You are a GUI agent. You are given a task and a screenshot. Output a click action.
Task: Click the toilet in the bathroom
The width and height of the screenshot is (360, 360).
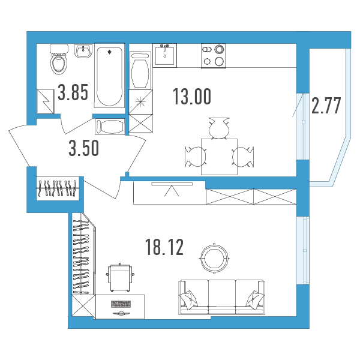(59, 59)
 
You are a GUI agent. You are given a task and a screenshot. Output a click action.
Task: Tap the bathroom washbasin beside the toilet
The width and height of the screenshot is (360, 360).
(83, 51)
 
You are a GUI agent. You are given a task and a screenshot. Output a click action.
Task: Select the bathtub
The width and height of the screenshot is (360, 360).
(110, 76)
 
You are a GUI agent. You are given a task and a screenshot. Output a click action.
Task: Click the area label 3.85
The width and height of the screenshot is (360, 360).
(73, 92)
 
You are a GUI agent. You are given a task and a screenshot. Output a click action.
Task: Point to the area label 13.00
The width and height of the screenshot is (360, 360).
(192, 97)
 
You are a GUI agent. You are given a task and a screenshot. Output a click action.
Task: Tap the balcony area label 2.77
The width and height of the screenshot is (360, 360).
(326, 106)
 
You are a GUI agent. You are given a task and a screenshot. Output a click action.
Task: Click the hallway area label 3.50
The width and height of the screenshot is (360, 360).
(84, 148)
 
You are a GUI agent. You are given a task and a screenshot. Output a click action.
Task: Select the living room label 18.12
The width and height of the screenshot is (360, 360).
(164, 247)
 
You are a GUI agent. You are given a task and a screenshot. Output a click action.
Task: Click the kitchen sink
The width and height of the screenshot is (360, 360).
(164, 55)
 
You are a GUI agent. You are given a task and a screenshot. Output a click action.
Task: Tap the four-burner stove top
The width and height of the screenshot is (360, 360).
(213, 56)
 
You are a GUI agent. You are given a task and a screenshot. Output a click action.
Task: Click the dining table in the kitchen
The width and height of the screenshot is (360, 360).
(219, 157)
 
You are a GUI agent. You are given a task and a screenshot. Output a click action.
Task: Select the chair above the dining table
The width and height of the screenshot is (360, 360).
(219, 128)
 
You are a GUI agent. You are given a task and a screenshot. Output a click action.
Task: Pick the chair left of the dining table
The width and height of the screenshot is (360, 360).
(196, 157)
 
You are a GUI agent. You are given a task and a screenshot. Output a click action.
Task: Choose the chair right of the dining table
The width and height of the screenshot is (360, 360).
(243, 157)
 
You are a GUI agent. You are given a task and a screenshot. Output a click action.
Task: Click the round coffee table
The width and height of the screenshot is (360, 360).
(214, 258)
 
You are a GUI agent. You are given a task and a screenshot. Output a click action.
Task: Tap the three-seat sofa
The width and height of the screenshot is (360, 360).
(222, 297)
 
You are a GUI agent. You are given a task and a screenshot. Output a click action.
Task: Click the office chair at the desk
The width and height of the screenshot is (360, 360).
(120, 278)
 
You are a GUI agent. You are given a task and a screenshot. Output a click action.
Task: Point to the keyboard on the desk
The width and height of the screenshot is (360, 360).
(121, 304)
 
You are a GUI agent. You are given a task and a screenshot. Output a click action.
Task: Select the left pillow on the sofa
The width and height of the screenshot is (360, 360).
(189, 299)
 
